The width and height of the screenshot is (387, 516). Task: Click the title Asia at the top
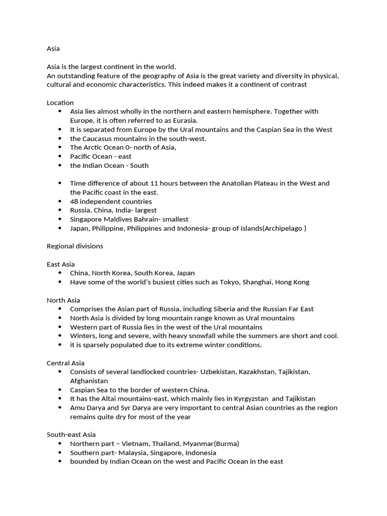pyautogui.click(x=53, y=49)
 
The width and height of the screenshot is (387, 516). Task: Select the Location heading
pyautogui.click(x=60, y=103)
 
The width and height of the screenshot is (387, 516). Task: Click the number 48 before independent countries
pyautogui.click(x=74, y=202)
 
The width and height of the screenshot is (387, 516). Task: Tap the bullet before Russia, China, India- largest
pyautogui.click(x=60, y=210)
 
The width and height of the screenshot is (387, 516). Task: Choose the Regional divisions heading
pyautogui.click(x=75, y=246)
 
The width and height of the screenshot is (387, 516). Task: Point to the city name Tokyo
pyautogui.click(x=229, y=282)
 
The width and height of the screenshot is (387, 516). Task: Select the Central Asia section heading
pyautogui.click(x=66, y=363)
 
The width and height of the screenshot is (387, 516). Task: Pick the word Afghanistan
pyautogui.click(x=89, y=381)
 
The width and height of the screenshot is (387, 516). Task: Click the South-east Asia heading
pyautogui.click(x=71, y=434)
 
